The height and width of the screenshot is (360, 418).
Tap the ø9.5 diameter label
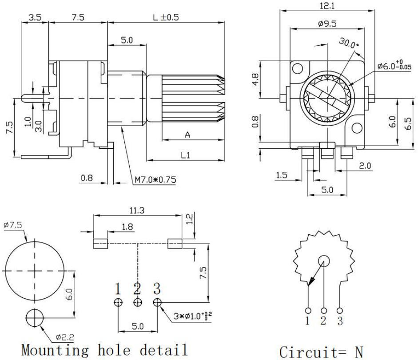[327, 24]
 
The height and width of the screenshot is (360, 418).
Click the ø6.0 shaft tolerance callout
[395, 66]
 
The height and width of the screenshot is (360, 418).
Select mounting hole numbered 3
[157, 302]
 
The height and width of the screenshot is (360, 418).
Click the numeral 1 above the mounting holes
[118, 289]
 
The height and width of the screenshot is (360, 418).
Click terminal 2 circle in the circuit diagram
[324, 310]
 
